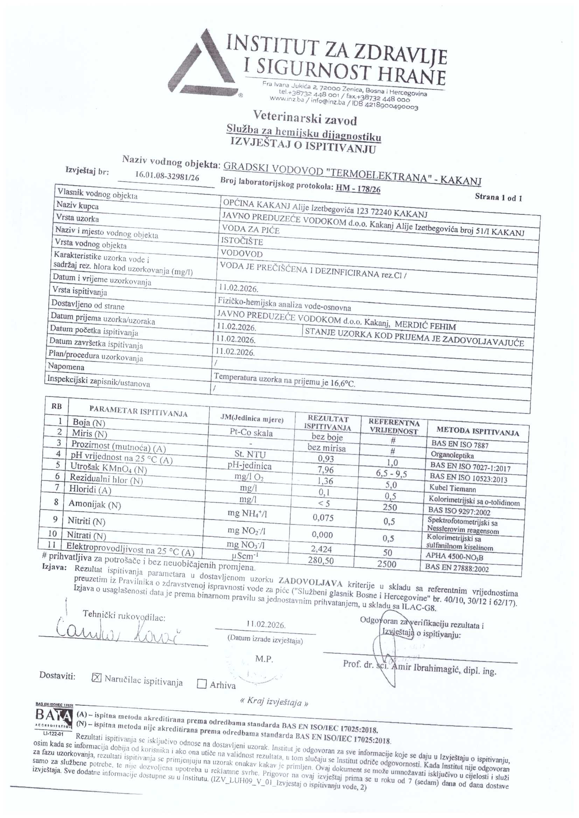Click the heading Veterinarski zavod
305,117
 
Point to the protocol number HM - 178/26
358,189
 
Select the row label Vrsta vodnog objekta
90,244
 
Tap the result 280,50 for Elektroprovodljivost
321,560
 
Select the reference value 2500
387,564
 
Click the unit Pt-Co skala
251,433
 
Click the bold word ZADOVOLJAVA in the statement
310,583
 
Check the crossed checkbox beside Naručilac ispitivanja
97,678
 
